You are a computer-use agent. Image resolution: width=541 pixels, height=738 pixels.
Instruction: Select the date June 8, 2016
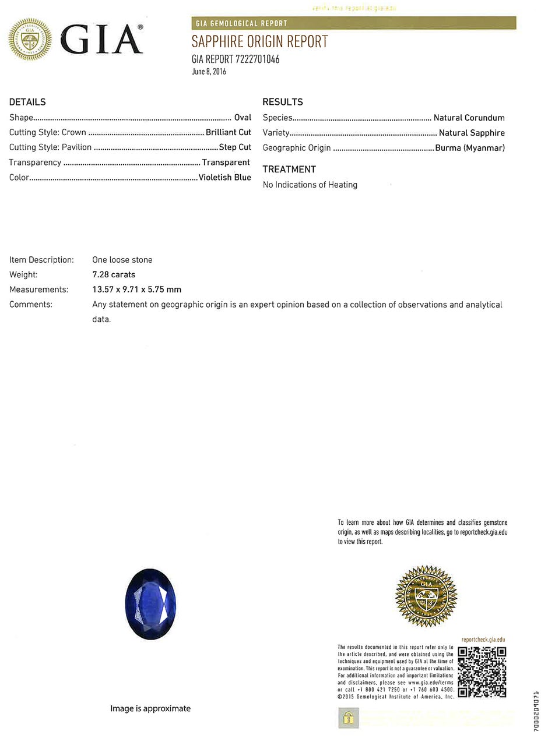pyautogui.click(x=209, y=72)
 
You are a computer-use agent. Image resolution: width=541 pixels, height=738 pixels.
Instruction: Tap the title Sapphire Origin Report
pyautogui.click(x=259, y=42)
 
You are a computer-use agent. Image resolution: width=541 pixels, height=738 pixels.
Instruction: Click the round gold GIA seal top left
pyautogui.click(x=30, y=40)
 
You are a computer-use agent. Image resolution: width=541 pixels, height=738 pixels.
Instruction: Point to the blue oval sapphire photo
pyautogui.click(x=150, y=604)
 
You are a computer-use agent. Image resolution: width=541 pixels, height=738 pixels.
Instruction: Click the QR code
pyautogui.click(x=482, y=672)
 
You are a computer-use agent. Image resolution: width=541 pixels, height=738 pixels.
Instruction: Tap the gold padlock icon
pyautogui.click(x=348, y=718)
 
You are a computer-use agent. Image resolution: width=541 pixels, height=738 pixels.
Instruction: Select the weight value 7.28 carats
pyautogui.click(x=114, y=274)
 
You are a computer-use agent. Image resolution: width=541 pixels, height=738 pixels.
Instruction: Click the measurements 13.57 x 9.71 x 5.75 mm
pyautogui.click(x=136, y=289)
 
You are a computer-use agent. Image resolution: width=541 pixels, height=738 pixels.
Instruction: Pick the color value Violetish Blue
pyautogui.click(x=224, y=177)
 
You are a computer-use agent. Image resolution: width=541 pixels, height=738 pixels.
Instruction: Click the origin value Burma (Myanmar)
pyautogui.click(x=470, y=148)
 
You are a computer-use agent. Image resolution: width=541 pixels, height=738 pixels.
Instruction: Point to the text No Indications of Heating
pyautogui.click(x=310, y=185)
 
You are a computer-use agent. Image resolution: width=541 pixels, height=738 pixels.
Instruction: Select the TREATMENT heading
pyautogui.click(x=289, y=170)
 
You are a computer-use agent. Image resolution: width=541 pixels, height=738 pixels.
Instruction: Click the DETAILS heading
pyautogui.click(x=27, y=102)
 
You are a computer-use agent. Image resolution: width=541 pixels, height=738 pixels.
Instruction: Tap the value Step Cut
pyautogui.click(x=235, y=147)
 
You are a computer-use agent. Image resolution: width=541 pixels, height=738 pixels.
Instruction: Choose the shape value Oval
pyautogui.click(x=243, y=118)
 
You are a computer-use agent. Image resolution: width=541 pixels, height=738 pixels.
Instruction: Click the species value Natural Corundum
pyautogui.click(x=469, y=118)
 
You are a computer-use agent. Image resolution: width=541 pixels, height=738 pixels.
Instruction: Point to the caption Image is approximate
pyautogui.click(x=150, y=708)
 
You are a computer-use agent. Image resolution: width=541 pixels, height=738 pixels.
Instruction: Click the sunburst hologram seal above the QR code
pyautogui.click(x=426, y=595)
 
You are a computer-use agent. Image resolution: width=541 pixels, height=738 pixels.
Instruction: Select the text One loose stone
pyautogui.click(x=122, y=260)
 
